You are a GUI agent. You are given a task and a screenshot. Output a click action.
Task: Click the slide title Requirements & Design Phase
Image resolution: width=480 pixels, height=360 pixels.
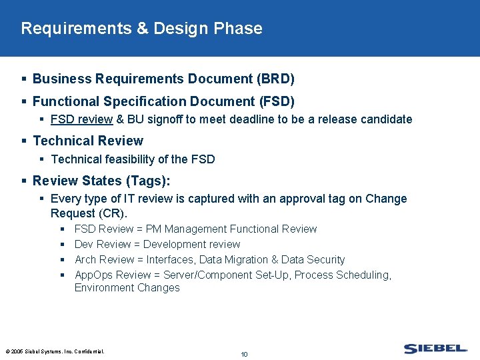[x=141, y=29]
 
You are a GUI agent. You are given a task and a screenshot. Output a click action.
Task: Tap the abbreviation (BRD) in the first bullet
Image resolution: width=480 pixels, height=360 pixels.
[x=275, y=79]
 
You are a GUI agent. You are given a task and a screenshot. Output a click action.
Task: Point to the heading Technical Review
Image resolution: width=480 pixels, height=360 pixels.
[x=88, y=141]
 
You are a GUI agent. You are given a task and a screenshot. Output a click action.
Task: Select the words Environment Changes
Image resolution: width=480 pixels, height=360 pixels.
[x=127, y=288]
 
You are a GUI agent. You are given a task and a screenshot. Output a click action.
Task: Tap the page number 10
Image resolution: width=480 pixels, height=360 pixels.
[x=244, y=354]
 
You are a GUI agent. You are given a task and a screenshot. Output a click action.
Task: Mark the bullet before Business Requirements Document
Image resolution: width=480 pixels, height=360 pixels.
[x=24, y=79]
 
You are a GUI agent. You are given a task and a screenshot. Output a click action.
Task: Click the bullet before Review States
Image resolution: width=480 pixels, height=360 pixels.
[x=24, y=181]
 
